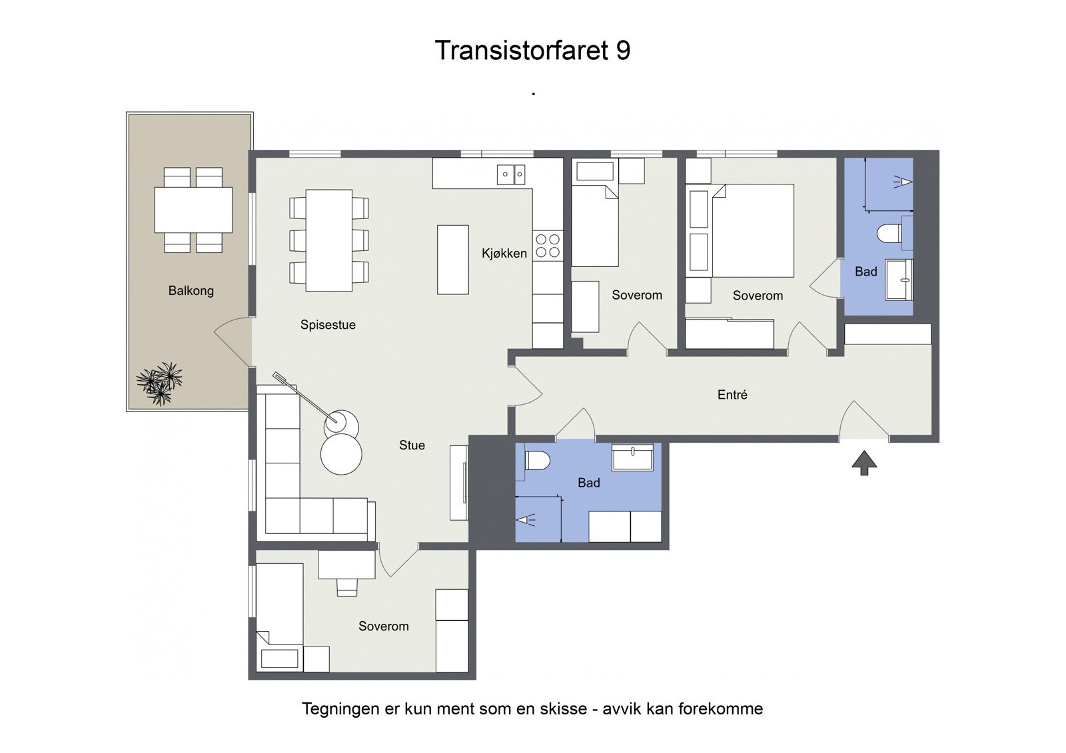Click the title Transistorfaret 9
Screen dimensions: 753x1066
click(x=532, y=51)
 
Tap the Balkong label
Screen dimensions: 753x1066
click(x=191, y=291)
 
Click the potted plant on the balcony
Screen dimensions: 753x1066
click(x=159, y=384)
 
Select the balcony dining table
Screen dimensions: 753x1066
click(x=193, y=210)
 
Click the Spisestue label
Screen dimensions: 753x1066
click(x=328, y=325)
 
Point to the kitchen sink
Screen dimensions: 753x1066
click(x=511, y=174)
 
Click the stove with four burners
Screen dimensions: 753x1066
click(x=548, y=246)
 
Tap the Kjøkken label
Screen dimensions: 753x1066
click(x=504, y=253)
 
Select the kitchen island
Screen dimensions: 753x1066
click(x=452, y=260)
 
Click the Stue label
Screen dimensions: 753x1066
click(x=412, y=445)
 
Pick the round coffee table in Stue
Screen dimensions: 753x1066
click(x=341, y=454)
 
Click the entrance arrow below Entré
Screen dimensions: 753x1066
click(x=864, y=462)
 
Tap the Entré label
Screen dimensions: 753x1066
click(x=732, y=395)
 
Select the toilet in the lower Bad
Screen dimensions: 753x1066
click(x=536, y=459)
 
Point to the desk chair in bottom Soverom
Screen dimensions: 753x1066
click(x=346, y=587)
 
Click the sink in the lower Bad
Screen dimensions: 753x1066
click(x=632, y=457)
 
